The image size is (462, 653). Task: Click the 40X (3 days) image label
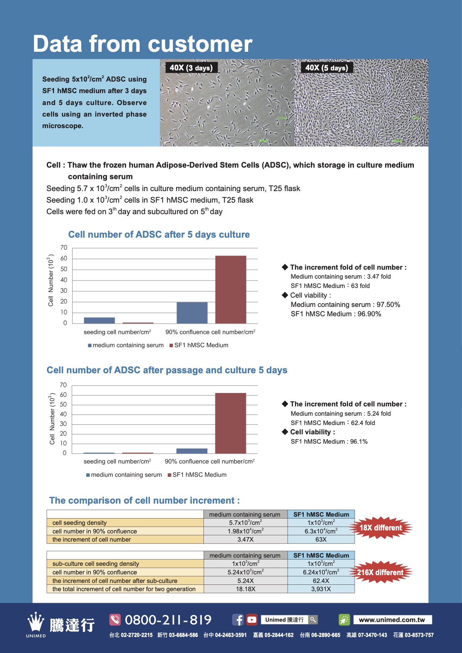pos(191,68)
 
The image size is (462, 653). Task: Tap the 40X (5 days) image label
pos(326,68)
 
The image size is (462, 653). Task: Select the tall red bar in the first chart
pos(231,289)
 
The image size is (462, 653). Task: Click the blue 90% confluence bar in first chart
pos(192,313)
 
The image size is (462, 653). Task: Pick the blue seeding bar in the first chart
pos(99,320)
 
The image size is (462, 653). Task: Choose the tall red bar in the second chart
pos(231,423)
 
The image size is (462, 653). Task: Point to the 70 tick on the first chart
pos(64,248)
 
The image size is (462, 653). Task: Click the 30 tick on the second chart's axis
pos(63,424)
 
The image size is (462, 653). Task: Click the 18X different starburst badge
pos(380,528)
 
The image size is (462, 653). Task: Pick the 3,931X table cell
pos(321,589)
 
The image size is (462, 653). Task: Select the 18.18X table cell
pos(246,589)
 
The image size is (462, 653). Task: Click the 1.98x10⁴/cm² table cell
pos(246,531)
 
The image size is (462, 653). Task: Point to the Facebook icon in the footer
pos(238,620)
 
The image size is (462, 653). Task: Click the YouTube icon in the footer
pos(252,620)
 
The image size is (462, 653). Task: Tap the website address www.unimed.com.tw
pos(392,620)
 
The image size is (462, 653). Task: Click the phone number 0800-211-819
pos(168,620)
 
